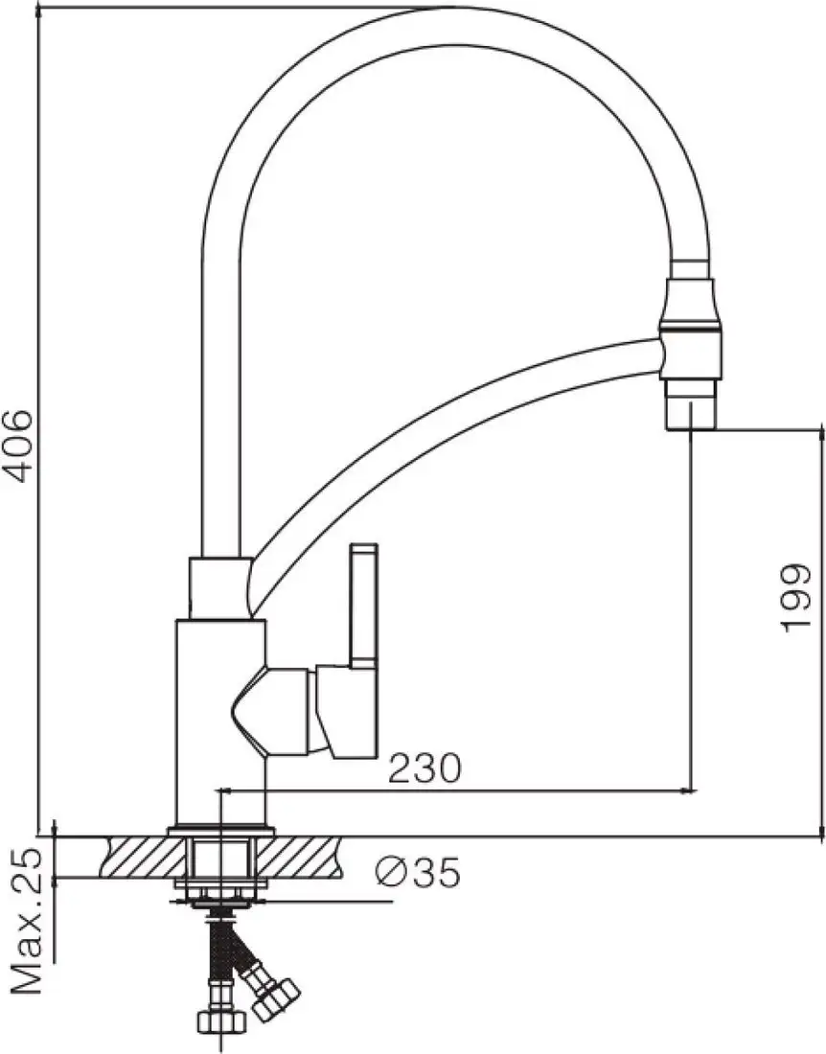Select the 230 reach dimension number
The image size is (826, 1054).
coord(424,768)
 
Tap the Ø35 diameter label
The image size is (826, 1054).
coord(418,872)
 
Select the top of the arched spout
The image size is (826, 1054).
coord(450,24)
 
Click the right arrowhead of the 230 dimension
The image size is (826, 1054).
coord(686,790)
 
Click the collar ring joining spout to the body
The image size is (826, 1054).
coord(220,587)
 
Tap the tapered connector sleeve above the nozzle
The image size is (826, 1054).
coord(690,302)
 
